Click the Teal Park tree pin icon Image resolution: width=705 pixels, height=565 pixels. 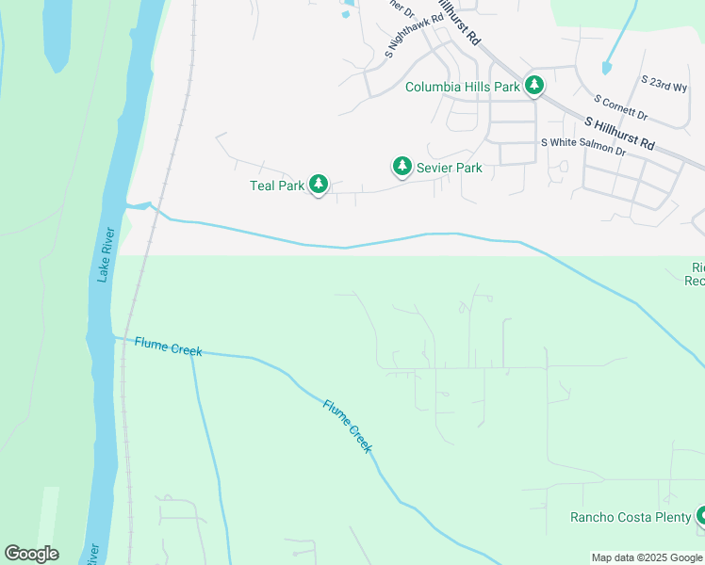point(319,185)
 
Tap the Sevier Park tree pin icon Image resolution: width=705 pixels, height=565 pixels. point(402,167)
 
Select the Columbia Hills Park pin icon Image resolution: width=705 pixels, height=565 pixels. point(534,86)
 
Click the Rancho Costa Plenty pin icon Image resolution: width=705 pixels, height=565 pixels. point(701,515)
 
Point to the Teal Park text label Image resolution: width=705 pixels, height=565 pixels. point(277,186)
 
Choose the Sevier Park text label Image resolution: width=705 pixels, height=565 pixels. point(450,168)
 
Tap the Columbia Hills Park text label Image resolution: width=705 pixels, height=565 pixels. point(462,87)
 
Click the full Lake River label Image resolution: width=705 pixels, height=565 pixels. point(106,254)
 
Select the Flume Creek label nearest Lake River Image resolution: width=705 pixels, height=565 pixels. point(168,346)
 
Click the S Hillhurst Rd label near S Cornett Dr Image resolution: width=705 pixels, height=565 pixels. point(619,134)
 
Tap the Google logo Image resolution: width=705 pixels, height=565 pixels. point(31,554)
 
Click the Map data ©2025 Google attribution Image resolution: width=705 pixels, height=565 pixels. point(647,557)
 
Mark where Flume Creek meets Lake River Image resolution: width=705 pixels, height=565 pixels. point(116,336)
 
